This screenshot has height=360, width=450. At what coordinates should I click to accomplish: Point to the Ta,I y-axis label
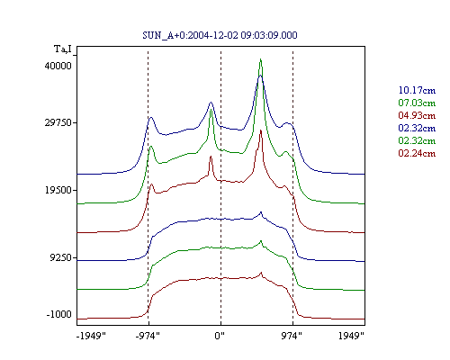63,49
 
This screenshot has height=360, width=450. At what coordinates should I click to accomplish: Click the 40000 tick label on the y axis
58,66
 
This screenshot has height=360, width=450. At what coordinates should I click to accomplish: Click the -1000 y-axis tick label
58,314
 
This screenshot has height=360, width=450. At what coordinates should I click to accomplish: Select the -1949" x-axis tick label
91,336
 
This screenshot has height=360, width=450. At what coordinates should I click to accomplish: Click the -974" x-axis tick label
148,336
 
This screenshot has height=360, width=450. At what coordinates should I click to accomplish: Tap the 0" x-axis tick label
220,336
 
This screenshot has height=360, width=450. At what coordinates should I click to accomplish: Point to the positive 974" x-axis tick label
292,336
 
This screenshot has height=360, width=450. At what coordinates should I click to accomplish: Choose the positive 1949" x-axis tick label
351,336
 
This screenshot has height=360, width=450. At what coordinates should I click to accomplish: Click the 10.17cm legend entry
417,90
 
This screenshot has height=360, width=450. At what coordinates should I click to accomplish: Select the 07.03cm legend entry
417,103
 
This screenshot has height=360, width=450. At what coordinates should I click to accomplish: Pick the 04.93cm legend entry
417,115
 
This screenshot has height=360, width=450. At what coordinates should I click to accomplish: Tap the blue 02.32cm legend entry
417,128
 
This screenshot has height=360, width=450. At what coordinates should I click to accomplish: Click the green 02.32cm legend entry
417,140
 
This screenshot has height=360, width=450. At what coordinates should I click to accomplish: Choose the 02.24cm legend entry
417,153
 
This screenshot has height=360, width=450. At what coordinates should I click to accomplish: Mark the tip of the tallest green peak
260,59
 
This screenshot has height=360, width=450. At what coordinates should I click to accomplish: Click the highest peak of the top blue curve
260,76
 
